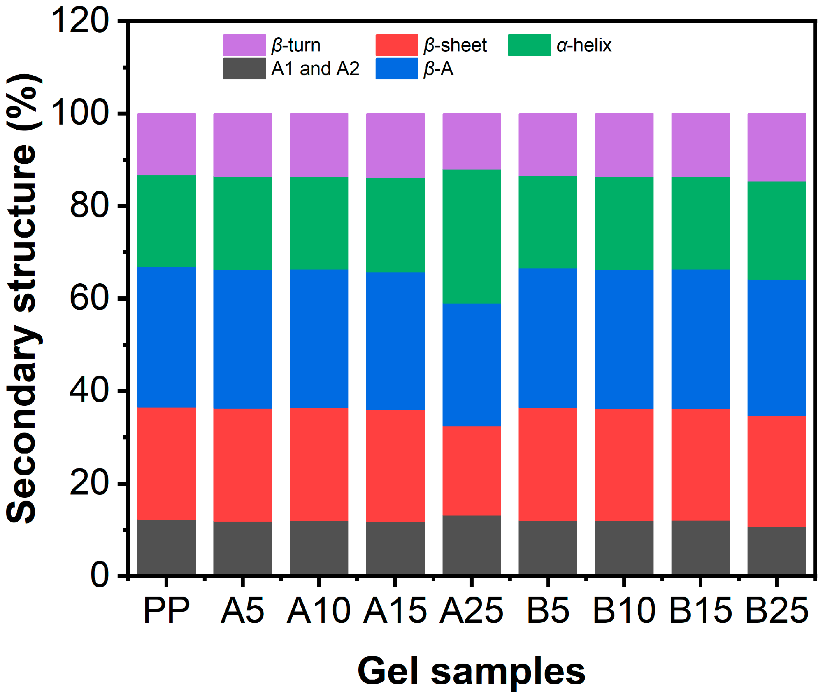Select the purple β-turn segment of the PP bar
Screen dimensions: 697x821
[166, 144]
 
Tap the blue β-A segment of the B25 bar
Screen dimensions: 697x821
[776, 348]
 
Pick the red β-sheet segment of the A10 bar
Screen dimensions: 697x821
[319, 464]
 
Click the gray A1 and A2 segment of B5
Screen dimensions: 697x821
[547, 547]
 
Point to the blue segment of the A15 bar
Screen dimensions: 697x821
[395, 341]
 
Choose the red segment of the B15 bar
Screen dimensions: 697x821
[700, 465]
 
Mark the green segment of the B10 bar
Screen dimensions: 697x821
[624, 223]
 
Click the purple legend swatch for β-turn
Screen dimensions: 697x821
[244, 45]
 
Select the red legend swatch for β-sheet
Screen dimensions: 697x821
[397, 45]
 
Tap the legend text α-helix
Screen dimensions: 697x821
[584, 45]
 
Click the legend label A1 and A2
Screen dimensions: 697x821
[315, 69]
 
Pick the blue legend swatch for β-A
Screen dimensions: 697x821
[397, 68]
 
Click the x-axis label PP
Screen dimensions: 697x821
[166, 610]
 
